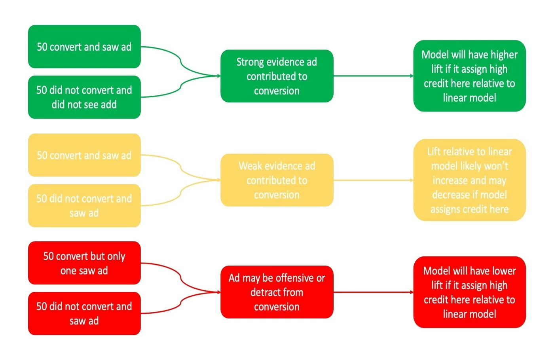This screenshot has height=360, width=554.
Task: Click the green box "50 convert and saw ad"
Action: click(x=84, y=47)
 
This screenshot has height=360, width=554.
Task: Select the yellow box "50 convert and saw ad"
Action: click(x=84, y=155)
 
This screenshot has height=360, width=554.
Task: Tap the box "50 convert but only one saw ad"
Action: click(x=84, y=263)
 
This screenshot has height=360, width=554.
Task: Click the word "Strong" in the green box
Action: click(x=250, y=62)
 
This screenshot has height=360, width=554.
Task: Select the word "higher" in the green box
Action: click(x=504, y=55)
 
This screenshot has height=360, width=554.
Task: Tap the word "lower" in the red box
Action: click(x=503, y=271)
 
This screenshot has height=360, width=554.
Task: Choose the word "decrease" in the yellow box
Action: click(x=450, y=195)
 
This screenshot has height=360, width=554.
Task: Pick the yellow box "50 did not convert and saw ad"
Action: click(x=84, y=206)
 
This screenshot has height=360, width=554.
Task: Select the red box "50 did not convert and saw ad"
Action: click(x=84, y=313)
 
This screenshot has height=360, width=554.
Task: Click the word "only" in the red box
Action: click(x=116, y=256)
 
